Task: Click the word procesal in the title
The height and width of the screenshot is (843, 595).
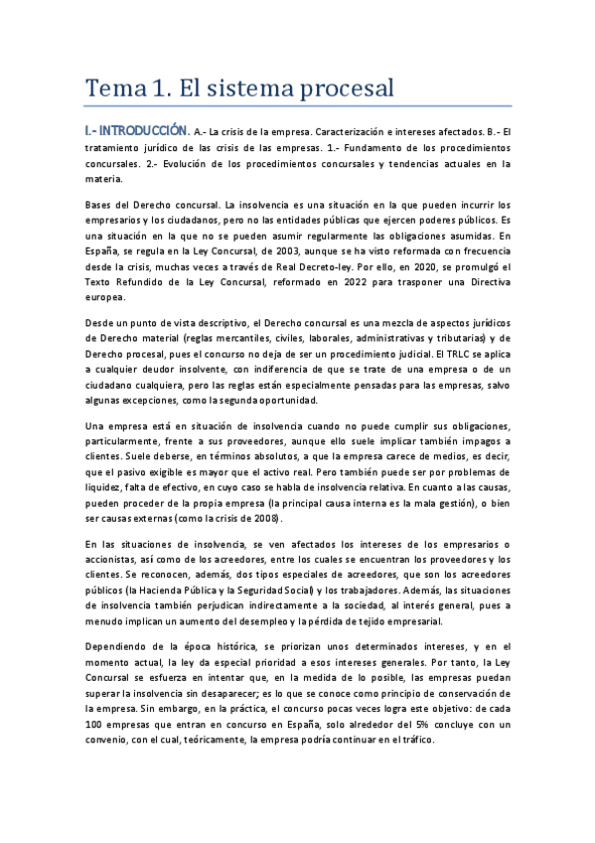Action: coord(342,89)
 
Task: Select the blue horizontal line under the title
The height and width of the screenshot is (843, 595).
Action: coord(297,106)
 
